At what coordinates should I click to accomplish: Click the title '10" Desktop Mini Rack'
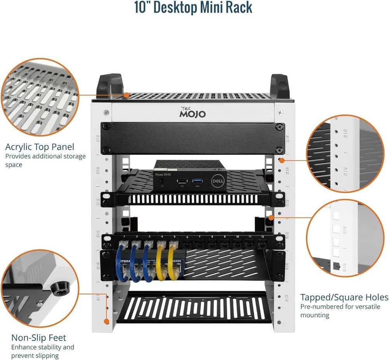click(193, 8)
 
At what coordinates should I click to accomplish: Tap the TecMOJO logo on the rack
click(192, 113)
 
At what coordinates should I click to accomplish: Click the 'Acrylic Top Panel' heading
click(40, 147)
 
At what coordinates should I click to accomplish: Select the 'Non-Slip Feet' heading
click(39, 337)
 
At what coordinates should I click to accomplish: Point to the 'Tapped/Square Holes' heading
click(344, 297)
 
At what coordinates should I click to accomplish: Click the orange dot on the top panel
click(127, 95)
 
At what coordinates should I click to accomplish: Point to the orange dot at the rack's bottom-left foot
click(106, 321)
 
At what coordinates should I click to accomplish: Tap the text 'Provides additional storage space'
click(45, 160)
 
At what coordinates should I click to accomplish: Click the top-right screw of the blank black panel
click(279, 127)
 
